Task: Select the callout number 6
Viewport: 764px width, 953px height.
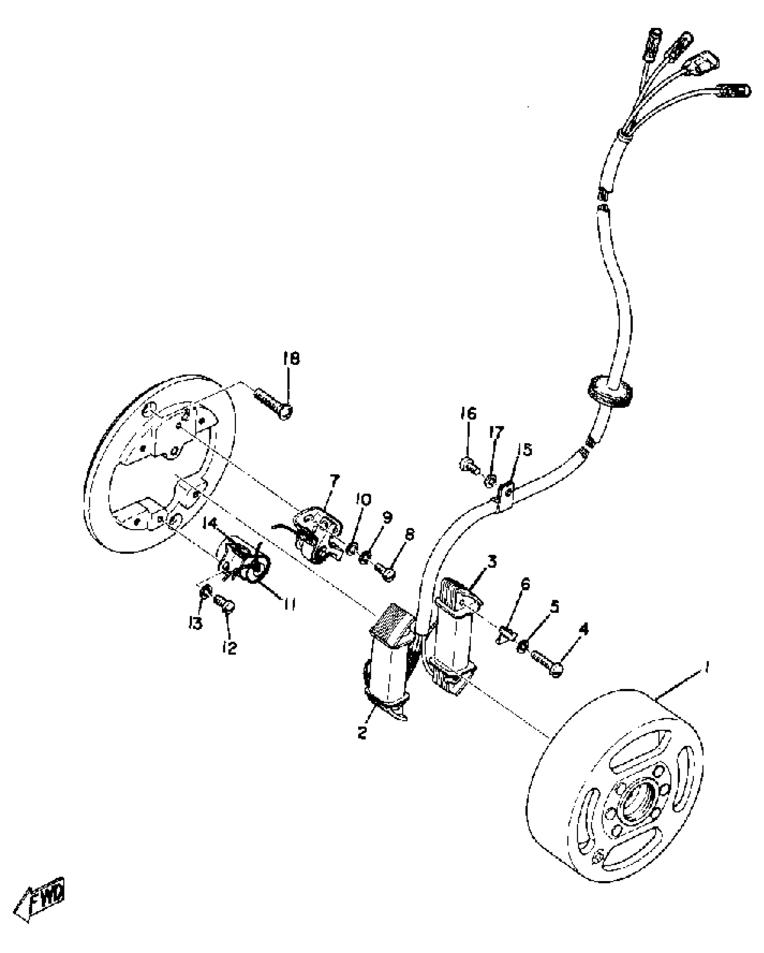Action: (525, 585)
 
